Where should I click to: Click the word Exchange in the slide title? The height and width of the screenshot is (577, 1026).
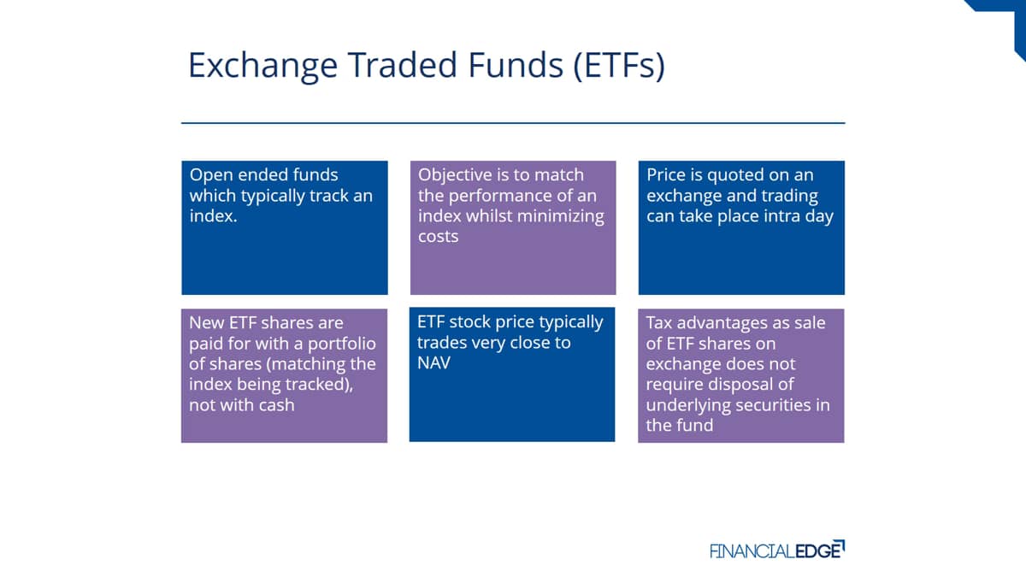coord(263,66)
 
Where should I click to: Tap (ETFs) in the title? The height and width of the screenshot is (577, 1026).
coord(619,65)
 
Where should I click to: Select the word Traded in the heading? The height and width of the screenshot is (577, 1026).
coord(403,65)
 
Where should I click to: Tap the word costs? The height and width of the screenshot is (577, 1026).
coord(438,237)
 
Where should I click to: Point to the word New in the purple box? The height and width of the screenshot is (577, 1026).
coord(207,323)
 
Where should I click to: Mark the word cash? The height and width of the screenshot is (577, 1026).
coord(276,405)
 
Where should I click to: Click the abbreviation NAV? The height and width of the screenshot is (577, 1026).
coord(433,363)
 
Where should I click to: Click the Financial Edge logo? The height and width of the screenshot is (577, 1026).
coord(777,550)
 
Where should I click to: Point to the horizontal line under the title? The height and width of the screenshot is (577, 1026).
coord(513,123)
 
